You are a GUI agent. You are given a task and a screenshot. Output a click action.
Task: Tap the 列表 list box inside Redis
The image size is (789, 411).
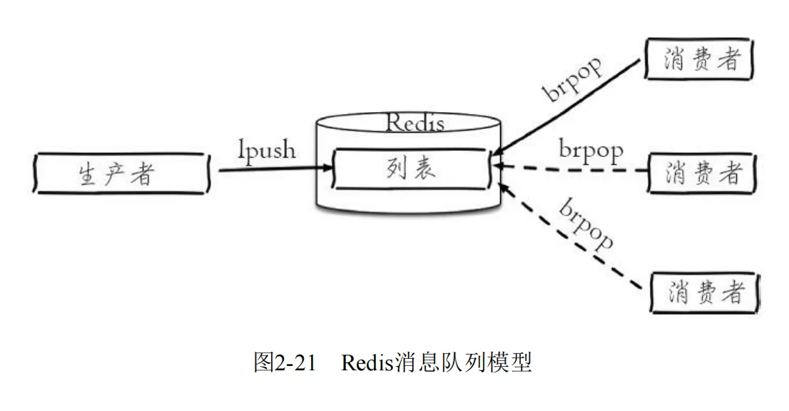(x=412, y=170)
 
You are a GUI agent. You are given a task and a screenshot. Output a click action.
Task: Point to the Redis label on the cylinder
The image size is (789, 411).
(x=414, y=123)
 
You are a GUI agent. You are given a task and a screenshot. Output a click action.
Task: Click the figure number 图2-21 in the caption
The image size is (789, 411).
(x=284, y=362)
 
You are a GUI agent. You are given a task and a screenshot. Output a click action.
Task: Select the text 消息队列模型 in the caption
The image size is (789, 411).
(x=464, y=362)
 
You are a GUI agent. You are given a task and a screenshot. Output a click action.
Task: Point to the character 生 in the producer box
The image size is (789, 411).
(x=87, y=174)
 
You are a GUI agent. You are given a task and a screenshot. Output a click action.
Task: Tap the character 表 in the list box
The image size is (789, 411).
(x=427, y=170)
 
